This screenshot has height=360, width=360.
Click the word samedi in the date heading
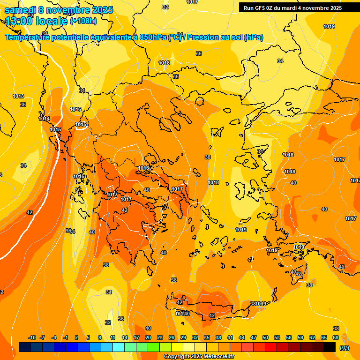pos(21,9)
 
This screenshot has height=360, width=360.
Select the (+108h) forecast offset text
pos(83,21)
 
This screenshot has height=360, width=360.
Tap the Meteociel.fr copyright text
pos(199,357)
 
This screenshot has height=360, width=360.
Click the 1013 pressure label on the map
pos(18,96)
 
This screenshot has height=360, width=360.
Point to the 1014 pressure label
pos(44,119)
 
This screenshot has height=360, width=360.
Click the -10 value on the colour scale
pos(32,337)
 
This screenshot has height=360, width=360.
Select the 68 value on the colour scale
pos(336,337)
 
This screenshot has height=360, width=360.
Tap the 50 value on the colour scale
pos(265,337)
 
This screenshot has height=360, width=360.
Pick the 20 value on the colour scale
pos(148,337)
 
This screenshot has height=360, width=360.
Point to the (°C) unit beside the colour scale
pos(345,348)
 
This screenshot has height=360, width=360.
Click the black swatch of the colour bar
pos(330,347)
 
